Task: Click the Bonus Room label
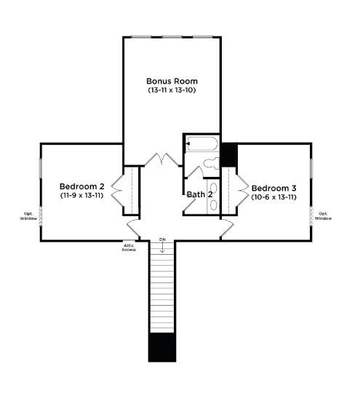tap(172, 81)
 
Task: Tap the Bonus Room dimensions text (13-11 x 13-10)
tap(172, 90)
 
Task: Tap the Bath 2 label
tap(199, 194)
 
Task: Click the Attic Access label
tap(129, 247)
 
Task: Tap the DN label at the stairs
tap(163, 239)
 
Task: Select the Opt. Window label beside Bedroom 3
tap(324, 216)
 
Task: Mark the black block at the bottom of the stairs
tap(162, 347)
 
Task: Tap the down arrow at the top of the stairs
tap(163, 247)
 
